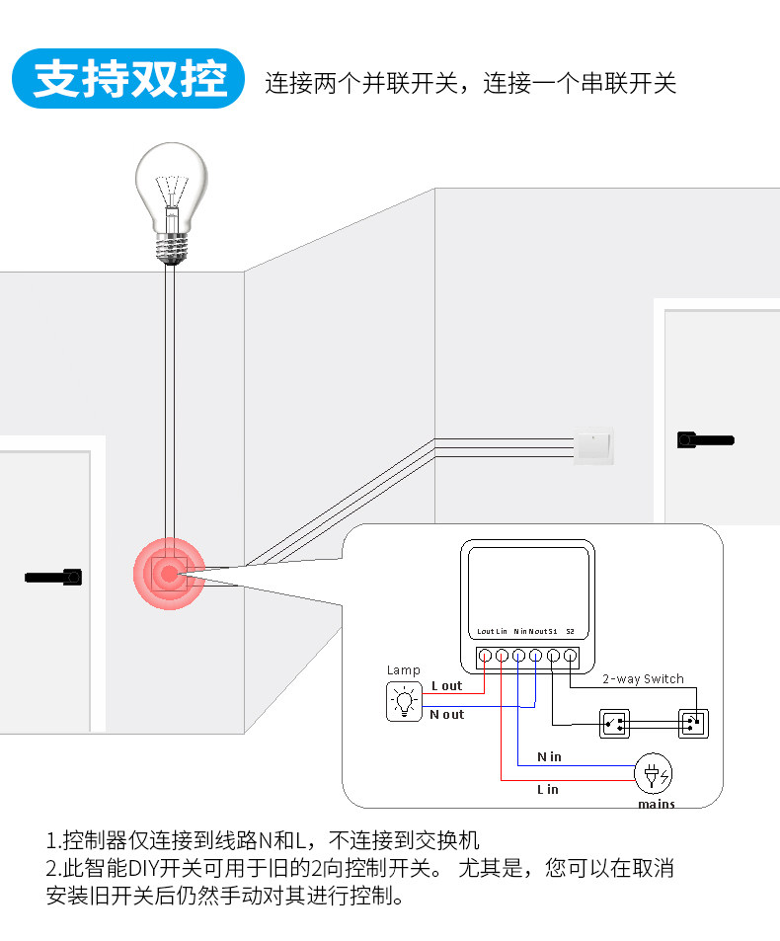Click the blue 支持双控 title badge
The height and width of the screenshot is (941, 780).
tap(129, 79)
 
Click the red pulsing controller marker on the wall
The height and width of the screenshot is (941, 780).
tap(169, 573)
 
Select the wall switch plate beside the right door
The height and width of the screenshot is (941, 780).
tap(593, 446)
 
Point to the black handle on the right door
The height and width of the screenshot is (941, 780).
tap(705, 439)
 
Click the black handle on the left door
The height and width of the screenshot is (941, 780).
tap(53, 575)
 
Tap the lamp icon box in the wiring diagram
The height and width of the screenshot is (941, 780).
tap(403, 701)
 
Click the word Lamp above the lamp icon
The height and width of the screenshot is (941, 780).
tap(403, 670)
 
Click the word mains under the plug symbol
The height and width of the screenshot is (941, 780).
tap(656, 804)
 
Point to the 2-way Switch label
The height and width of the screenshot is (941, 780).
tap(643, 678)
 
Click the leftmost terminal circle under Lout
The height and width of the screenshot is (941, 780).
tap(485, 655)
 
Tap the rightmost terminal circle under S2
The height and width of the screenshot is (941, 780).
tap(570, 655)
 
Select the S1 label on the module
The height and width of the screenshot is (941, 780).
tap(553, 631)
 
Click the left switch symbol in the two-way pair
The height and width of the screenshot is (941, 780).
tap(615, 724)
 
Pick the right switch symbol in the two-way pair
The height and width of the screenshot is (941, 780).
tap(693, 724)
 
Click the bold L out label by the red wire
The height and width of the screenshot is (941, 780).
tap(446, 685)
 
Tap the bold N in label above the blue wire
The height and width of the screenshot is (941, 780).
tap(549, 756)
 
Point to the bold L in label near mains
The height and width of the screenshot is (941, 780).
tap(547, 789)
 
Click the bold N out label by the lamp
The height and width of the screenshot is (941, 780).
tap(446, 714)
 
